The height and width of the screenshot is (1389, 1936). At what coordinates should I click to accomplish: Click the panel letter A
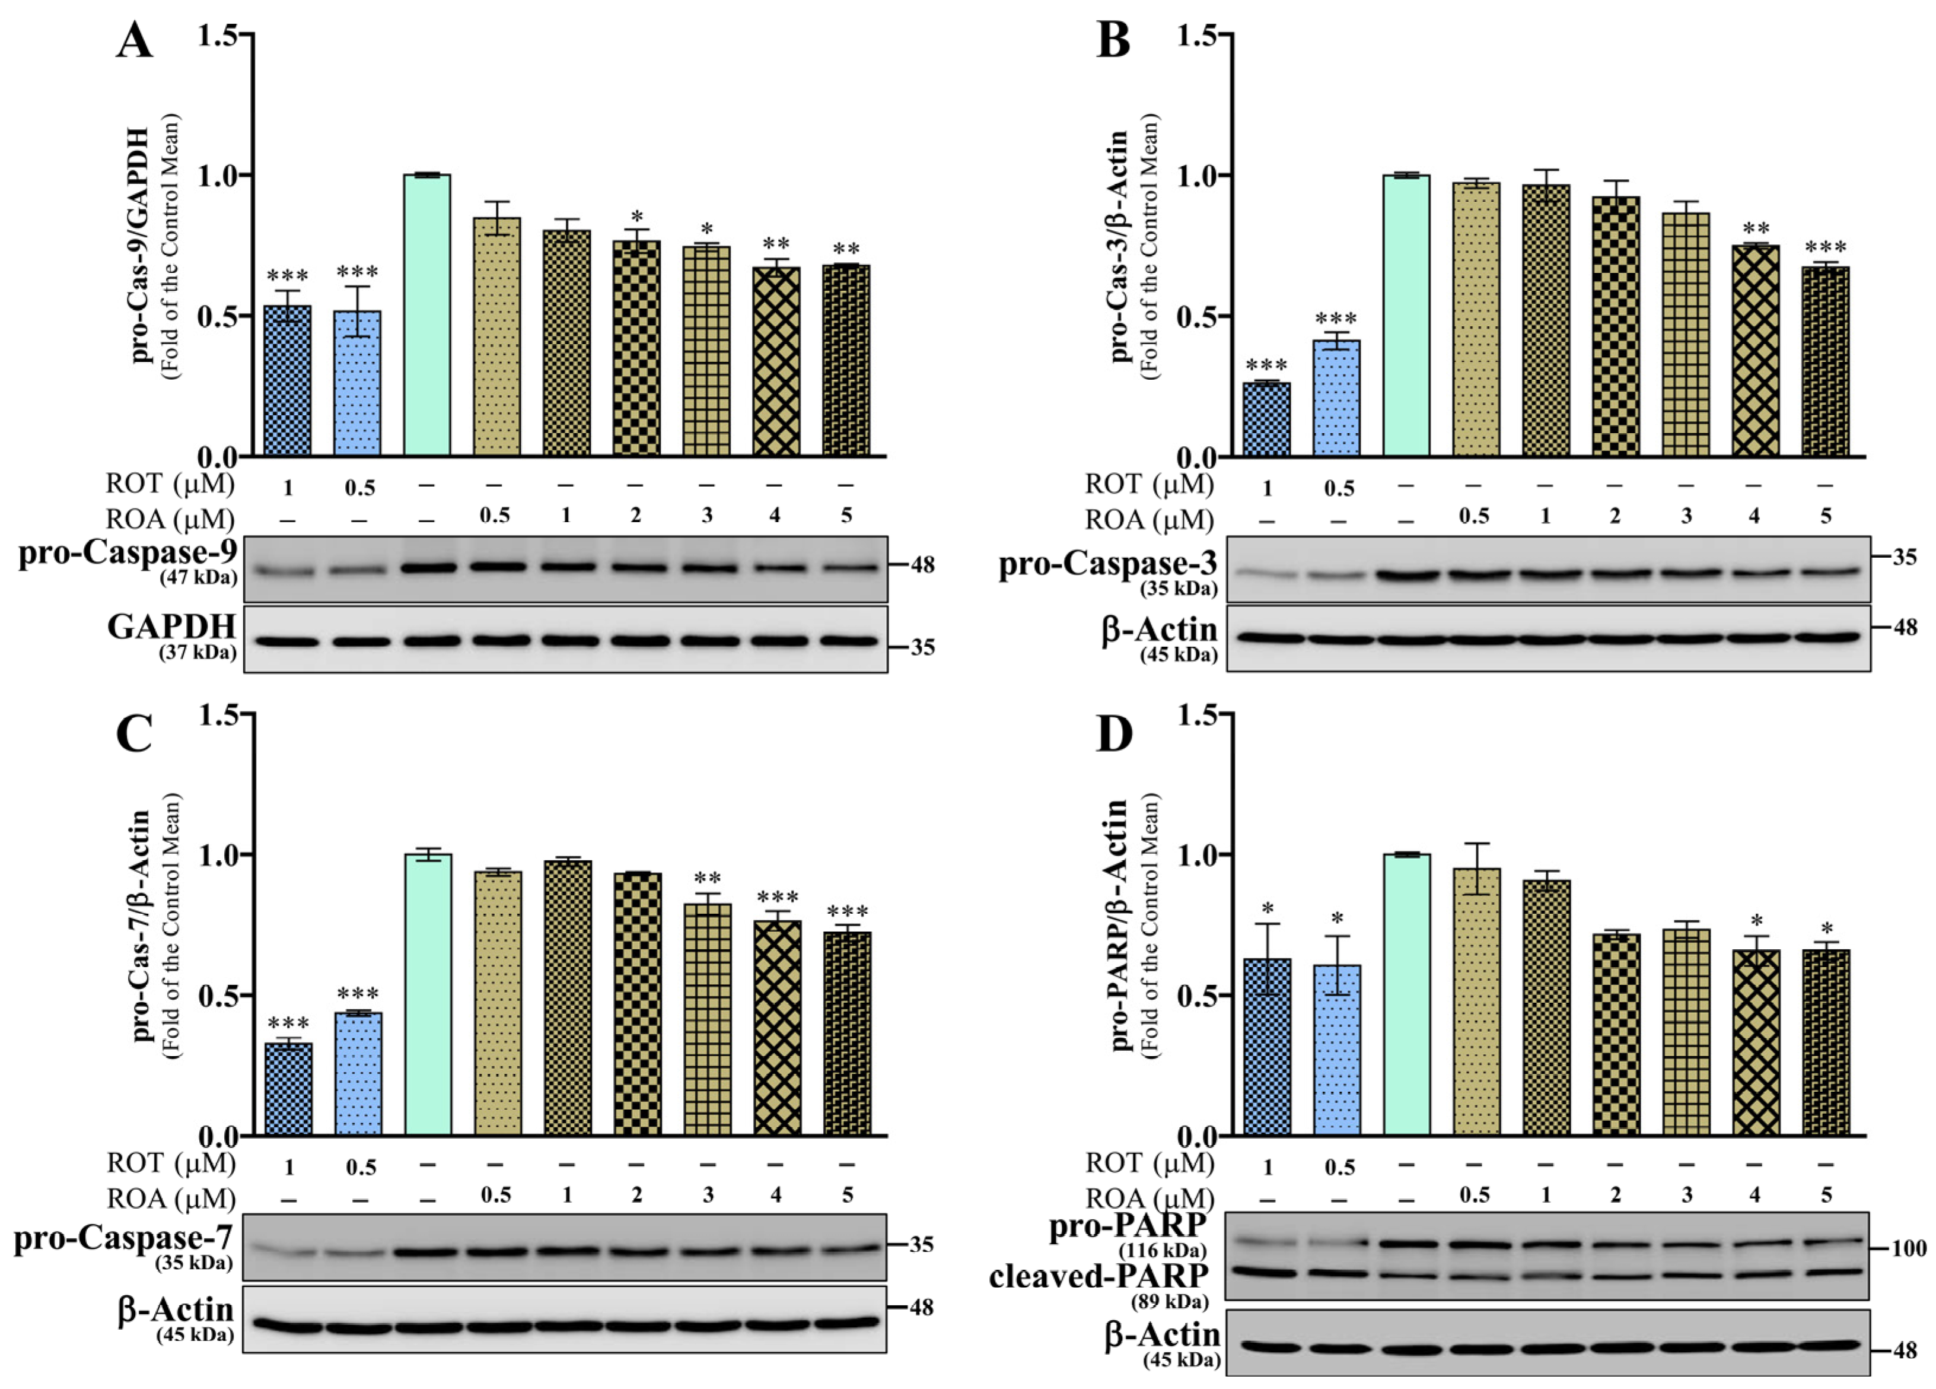point(134,40)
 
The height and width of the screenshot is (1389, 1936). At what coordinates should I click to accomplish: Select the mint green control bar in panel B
point(1406,316)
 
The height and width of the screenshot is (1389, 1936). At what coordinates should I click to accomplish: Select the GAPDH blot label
point(171,628)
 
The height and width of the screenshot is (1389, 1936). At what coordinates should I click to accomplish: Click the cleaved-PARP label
point(1098,1276)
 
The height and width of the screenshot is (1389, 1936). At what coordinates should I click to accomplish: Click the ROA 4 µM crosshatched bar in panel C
point(777,1029)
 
